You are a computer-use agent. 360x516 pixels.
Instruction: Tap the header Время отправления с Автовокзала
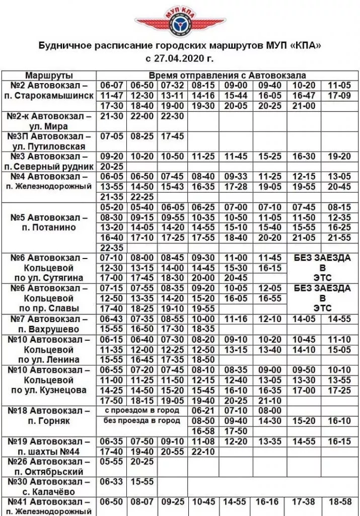pos(227,75)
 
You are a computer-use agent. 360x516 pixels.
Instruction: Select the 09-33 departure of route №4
pos(236,177)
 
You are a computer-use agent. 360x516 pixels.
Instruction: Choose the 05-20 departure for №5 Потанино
pos(111,208)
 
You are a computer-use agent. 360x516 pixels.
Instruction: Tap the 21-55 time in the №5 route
pos(338,237)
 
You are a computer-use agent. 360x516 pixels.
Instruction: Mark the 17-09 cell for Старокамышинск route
pos(338,95)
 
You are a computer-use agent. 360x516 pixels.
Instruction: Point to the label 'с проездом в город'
pos(142,411)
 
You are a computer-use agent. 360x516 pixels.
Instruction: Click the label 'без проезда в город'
pos(142,421)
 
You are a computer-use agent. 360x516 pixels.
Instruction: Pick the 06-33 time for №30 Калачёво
pos(111,482)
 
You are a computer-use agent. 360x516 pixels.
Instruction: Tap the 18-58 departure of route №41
pos(338,502)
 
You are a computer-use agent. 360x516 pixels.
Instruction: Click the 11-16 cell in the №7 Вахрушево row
pos(236,319)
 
